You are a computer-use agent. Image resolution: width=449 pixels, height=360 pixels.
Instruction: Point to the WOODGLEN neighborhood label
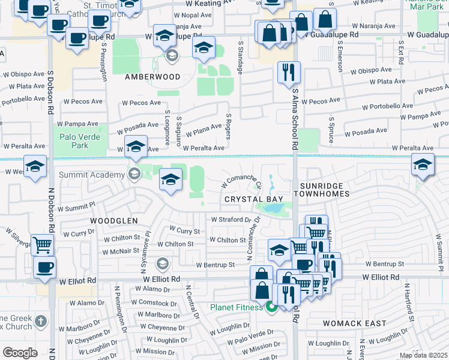[x=114, y=221]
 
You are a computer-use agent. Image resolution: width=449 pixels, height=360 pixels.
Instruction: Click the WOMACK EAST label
[x=354, y=323]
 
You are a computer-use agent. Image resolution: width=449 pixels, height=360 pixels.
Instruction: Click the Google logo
[x=20, y=352]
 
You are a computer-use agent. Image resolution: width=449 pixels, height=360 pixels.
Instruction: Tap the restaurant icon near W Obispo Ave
[x=289, y=72]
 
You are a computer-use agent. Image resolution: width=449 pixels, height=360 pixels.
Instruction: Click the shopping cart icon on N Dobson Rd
[x=42, y=244]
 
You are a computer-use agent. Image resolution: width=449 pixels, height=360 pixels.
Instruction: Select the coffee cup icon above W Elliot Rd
[x=44, y=266]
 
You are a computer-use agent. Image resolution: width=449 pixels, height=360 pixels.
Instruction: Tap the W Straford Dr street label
[x=231, y=220]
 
